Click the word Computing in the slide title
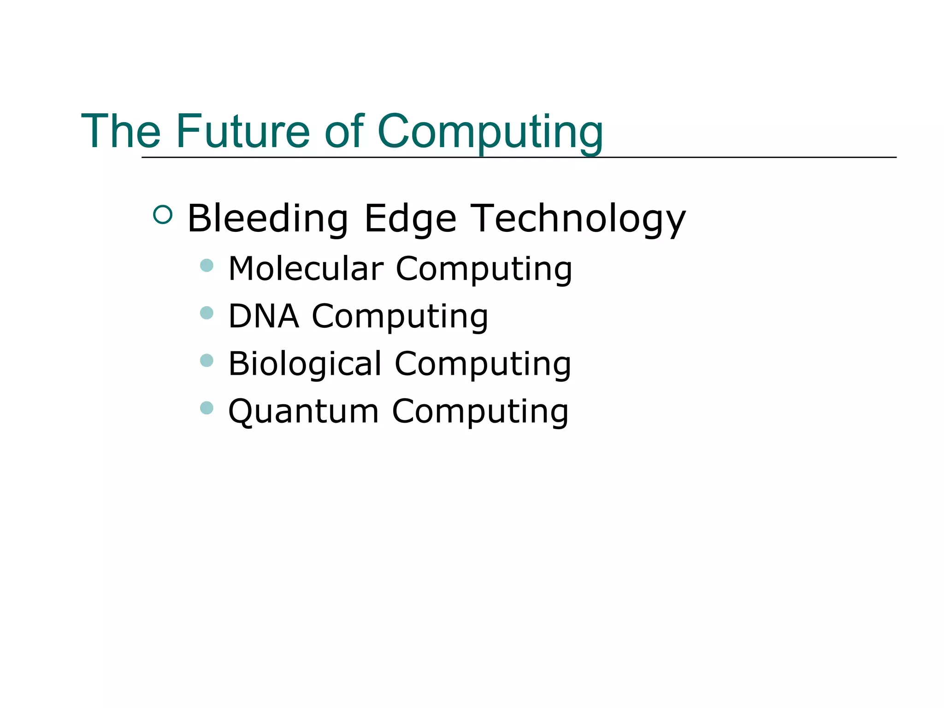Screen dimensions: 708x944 click(490, 132)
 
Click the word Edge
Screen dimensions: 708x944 click(410, 219)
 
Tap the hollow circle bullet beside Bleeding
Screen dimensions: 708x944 click(163, 214)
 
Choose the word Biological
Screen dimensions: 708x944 click(305, 364)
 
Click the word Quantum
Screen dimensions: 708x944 click(304, 411)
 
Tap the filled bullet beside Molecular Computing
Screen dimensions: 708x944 click(207, 265)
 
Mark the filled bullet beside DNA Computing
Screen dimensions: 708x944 click(207, 313)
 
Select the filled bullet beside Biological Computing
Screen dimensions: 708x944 click(207, 360)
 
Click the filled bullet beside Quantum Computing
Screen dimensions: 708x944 click(207, 408)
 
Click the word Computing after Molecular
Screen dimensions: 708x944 click(484, 270)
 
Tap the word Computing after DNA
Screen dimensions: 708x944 click(400, 317)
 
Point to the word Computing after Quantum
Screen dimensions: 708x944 click(480, 412)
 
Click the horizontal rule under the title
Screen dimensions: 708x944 click(737, 157)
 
